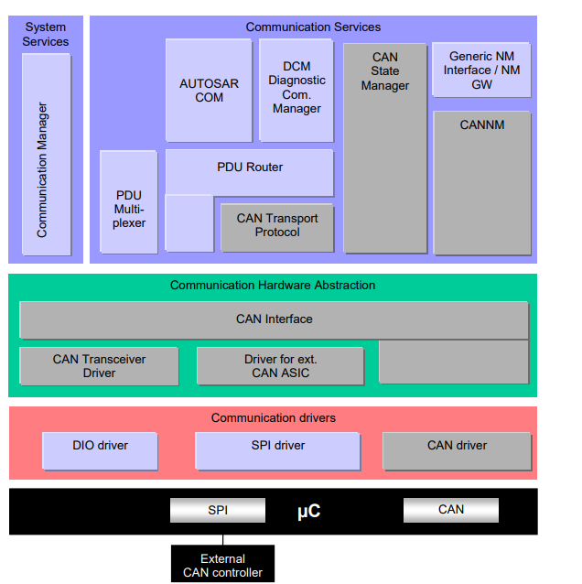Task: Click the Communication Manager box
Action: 47,154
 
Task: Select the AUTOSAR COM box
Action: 209,91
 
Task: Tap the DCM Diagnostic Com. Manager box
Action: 296,89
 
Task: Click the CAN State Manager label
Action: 385,71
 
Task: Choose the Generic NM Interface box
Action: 481,70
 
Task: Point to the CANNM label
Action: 482,124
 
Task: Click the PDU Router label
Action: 250,168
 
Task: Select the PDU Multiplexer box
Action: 129,202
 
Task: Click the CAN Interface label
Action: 274,319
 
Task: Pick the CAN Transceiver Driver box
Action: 99,365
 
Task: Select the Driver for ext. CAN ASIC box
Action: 280,365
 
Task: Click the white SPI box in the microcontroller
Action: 218,510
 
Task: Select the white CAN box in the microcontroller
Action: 451,510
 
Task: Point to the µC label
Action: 308,511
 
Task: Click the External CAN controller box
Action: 222,565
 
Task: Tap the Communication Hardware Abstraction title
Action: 273,286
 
